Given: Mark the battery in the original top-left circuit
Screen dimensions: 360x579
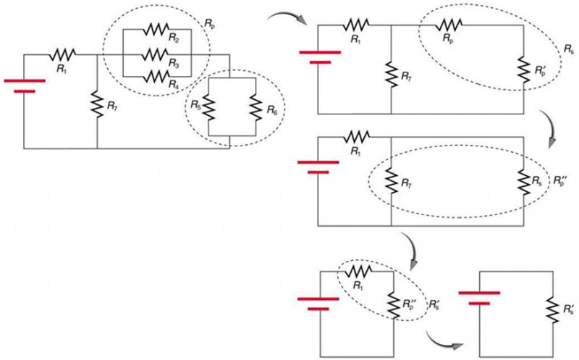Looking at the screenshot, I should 25,84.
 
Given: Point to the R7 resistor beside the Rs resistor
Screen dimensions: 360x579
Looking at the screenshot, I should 391,178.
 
